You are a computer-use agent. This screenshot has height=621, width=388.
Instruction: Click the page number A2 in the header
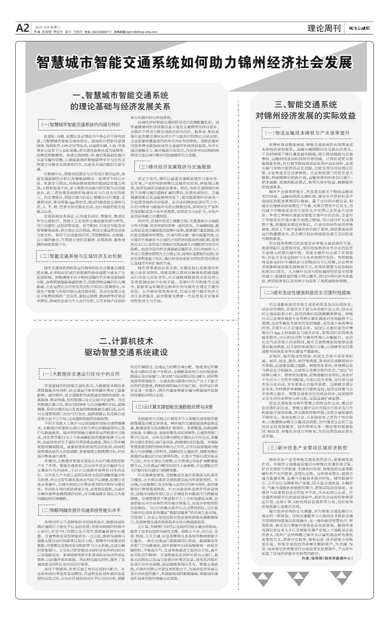[x=22, y=27]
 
